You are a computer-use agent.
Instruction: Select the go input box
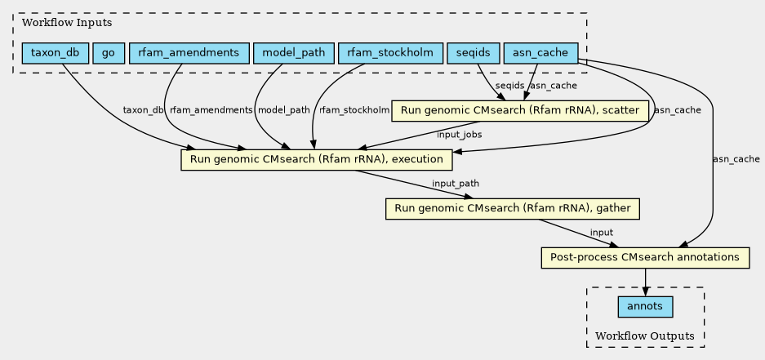(109, 54)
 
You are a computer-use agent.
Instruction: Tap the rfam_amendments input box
(189, 54)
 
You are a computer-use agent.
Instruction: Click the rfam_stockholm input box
(390, 54)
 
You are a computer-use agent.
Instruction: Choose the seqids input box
(474, 54)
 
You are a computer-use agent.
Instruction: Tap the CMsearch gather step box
(512, 209)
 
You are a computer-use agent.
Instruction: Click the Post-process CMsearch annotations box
(645, 258)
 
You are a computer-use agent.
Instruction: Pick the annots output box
(646, 307)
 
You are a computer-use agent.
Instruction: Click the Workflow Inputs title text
(55, 22)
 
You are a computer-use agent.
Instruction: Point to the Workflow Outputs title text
(645, 336)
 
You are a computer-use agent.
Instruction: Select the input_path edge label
(456, 184)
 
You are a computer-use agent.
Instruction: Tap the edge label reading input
(601, 233)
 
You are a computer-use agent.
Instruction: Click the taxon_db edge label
(143, 110)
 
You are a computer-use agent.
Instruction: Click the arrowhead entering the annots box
(646, 292)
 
